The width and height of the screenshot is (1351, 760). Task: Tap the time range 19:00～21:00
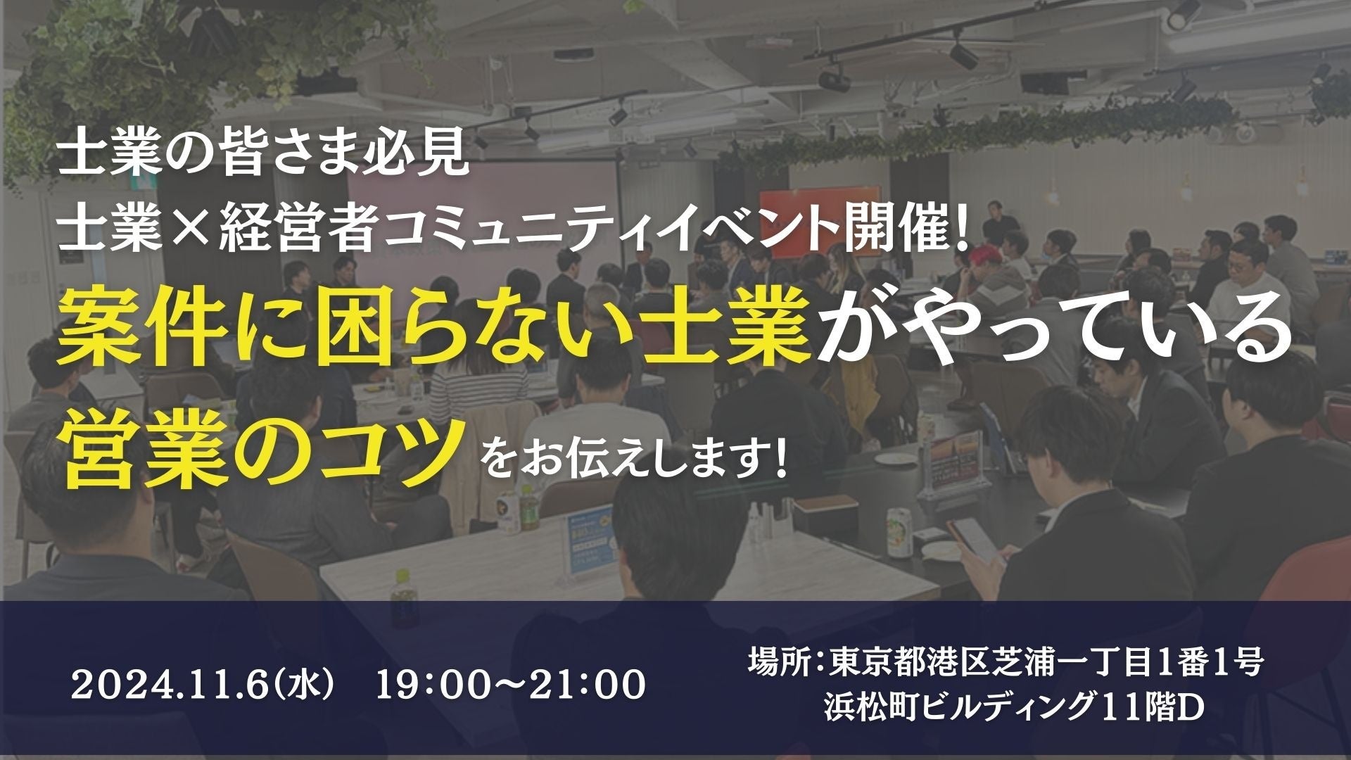point(511,684)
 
